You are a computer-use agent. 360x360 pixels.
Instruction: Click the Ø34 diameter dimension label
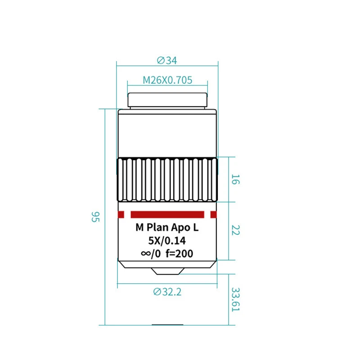tap(167, 60)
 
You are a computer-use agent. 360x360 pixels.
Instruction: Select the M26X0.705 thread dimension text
tap(167, 80)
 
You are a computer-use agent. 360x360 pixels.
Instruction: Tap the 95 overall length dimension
tap(95, 217)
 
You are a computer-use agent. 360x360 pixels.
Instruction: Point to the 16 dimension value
tap(235, 179)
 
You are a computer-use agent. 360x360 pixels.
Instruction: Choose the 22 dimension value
tap(235, 230)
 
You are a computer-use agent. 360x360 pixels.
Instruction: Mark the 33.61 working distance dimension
tap(235, 299)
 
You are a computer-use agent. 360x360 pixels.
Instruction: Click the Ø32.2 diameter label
tap(167, 292)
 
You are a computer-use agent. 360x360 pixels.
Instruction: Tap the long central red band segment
tap(167, 215)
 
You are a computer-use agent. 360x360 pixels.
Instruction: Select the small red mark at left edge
tap(121, 215)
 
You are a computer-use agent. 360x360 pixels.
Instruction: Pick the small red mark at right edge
tap(213, 215)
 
